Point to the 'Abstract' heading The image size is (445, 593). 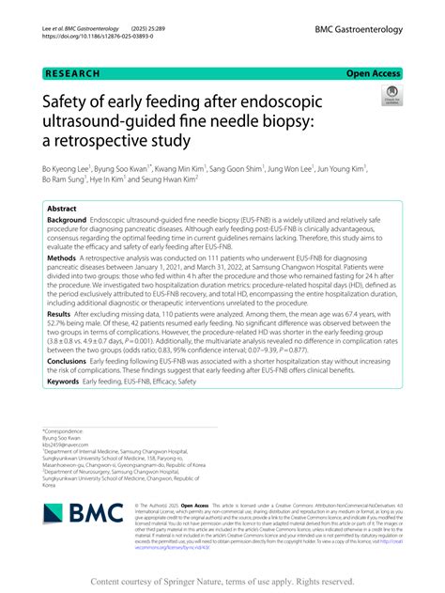point(62,209)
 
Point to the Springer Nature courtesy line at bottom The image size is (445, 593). point(222,581)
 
